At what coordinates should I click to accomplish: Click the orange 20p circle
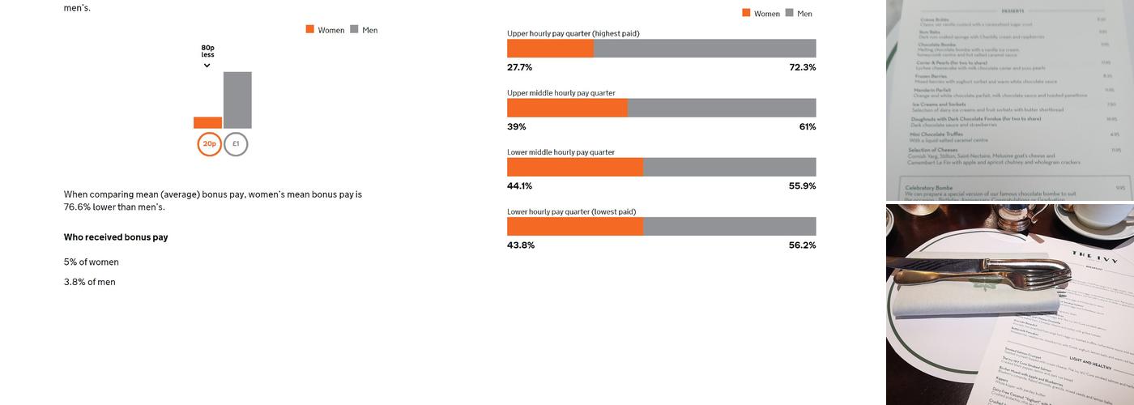click(x=209, y=144)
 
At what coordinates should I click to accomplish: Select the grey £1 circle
click(x=236, y=144)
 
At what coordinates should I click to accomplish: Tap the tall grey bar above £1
click(x=237, y=100)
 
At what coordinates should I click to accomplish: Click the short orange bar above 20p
click(x=207, y=123)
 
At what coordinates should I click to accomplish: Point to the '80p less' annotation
click(x=208, y=52)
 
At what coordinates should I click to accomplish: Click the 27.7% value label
click(x=519, y=67)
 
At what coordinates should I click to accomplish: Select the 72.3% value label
click(x=802, y=67)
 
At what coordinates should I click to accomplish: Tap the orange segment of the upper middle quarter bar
click(x=567, y=108)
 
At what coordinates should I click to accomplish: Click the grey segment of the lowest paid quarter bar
click(x=729, y=227)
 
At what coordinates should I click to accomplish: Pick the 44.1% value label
click(x=519, y=186)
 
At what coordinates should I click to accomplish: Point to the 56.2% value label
click(x=802, y=245)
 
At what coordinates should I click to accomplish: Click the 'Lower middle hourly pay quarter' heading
click(x=561, y=152)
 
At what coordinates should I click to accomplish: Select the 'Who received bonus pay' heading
click(x=116, y=237)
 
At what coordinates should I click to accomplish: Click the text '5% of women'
click(x=92, y=262)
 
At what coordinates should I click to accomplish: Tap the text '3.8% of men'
click(x=90, y=282)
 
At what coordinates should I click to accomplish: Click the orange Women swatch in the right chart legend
click(x=746, y=13)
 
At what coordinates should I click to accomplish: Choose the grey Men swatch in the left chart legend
click(x=354, y=29)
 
